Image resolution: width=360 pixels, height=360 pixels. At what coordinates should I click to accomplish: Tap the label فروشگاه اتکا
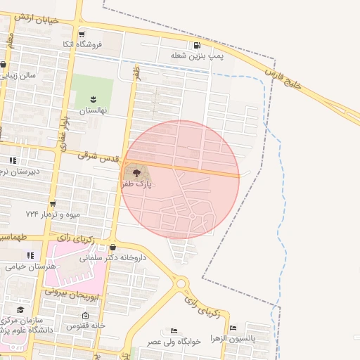82,44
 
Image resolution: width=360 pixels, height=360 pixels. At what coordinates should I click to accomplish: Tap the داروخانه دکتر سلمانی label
113,257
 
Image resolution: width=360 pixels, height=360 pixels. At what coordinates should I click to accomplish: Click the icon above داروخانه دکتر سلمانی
113,247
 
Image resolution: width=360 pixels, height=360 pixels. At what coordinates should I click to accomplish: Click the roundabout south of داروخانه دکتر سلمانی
183,283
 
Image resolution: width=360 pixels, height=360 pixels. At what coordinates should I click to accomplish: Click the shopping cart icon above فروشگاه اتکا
82,34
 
